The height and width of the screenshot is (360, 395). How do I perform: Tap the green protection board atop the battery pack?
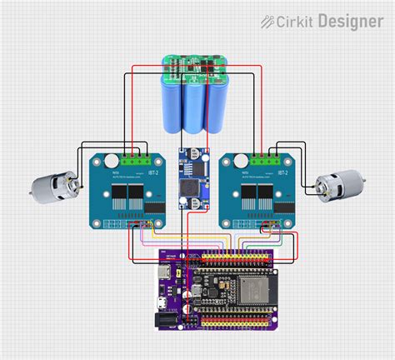click(x=197, y=67)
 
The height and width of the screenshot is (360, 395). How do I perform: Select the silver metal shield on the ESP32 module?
click(x=237, y=288)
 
